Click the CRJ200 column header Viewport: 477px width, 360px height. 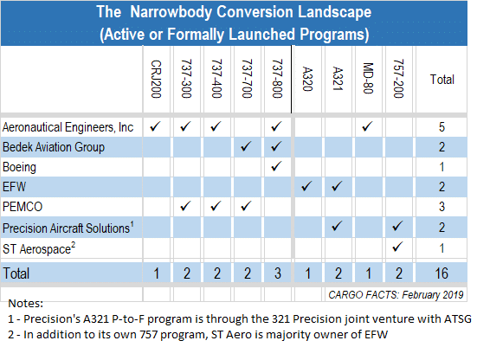click(x=156, y=79)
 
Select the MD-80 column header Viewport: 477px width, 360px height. click(x=368, y=78)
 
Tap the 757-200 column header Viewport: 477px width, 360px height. click(x=398, y=79)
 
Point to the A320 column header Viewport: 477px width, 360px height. click(x=307, y=79)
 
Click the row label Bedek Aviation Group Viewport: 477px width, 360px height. click(x=54, y=147)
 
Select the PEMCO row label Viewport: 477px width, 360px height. click(x=23, y=207)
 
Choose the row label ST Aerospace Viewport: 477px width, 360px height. click(x=37, y=249)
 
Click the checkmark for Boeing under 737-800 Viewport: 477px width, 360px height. click(x=276, y=166)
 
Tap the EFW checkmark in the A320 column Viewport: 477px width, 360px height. click(x=306, y=186)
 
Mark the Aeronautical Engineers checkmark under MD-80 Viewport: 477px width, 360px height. click(x=367, y=126)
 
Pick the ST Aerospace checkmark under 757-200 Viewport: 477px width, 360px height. click(x=397, y=247)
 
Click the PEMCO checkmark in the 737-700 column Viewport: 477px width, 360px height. click(x=246, y=206)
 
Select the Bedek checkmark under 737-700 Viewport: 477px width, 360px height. click(x=246, y=146)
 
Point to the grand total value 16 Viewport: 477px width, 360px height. click(x=442, y=273)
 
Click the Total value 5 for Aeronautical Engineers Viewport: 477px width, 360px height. click(x=442, y=127)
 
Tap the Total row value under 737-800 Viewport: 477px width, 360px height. click(x=277, y=273)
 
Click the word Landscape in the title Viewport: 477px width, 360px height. click(x=334, y=12)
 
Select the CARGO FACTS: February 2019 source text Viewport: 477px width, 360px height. click(x=396, y=294)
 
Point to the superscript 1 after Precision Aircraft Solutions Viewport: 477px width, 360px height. click(x=132, y=224)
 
